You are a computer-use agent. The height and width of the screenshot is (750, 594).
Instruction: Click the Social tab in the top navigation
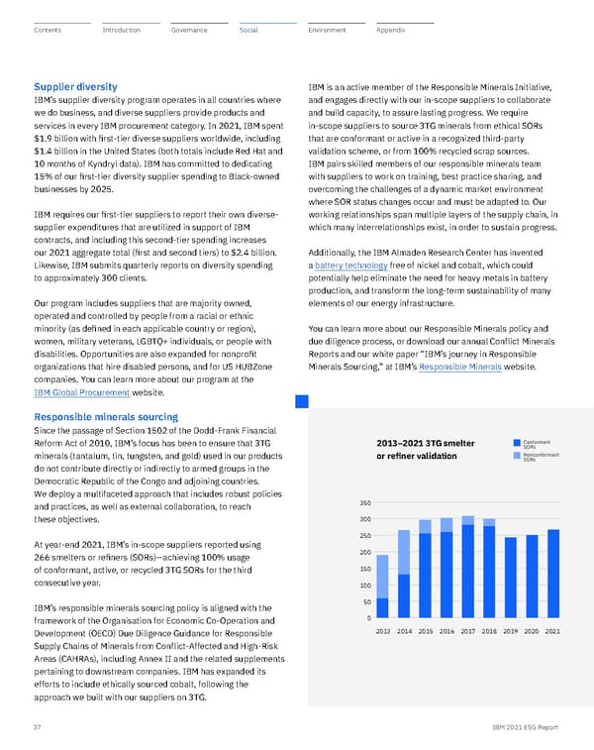[248, 31]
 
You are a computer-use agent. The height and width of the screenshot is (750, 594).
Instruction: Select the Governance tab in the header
[189, 31]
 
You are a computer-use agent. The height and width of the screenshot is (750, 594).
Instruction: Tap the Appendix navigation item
[391, 31]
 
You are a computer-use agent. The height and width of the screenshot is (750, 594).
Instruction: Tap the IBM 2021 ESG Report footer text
[523, 726]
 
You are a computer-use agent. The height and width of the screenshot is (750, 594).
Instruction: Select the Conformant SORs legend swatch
[516, 443]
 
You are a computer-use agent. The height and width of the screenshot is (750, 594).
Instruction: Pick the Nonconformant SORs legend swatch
[516, 456]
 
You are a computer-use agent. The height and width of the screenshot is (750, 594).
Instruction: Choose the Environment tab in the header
[327, 31]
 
